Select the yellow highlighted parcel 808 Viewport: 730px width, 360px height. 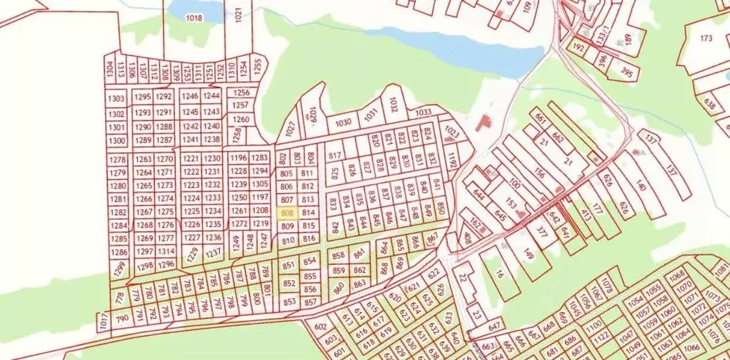pyautogui.click(x=289, y=214)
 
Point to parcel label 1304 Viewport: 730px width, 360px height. pyautogui.click(x=109, y=69)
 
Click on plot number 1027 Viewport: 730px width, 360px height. pyautogui.click(x=290, y=129)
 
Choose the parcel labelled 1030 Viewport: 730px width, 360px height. pyautogui.click(x=344, y=122)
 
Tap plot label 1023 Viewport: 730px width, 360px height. pyautogui.click(x=451, y=134)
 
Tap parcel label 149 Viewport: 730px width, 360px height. pyautogui.click(x=529, y=254)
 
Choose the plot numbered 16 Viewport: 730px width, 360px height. pyautogui.click(x=499, y=274)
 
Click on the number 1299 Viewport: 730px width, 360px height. pyautogui.click(x=119, y=269)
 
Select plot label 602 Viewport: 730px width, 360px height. pyautogui.click(x=319, y=326)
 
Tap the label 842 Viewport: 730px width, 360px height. pyautogui.click(x=335, y=226)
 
